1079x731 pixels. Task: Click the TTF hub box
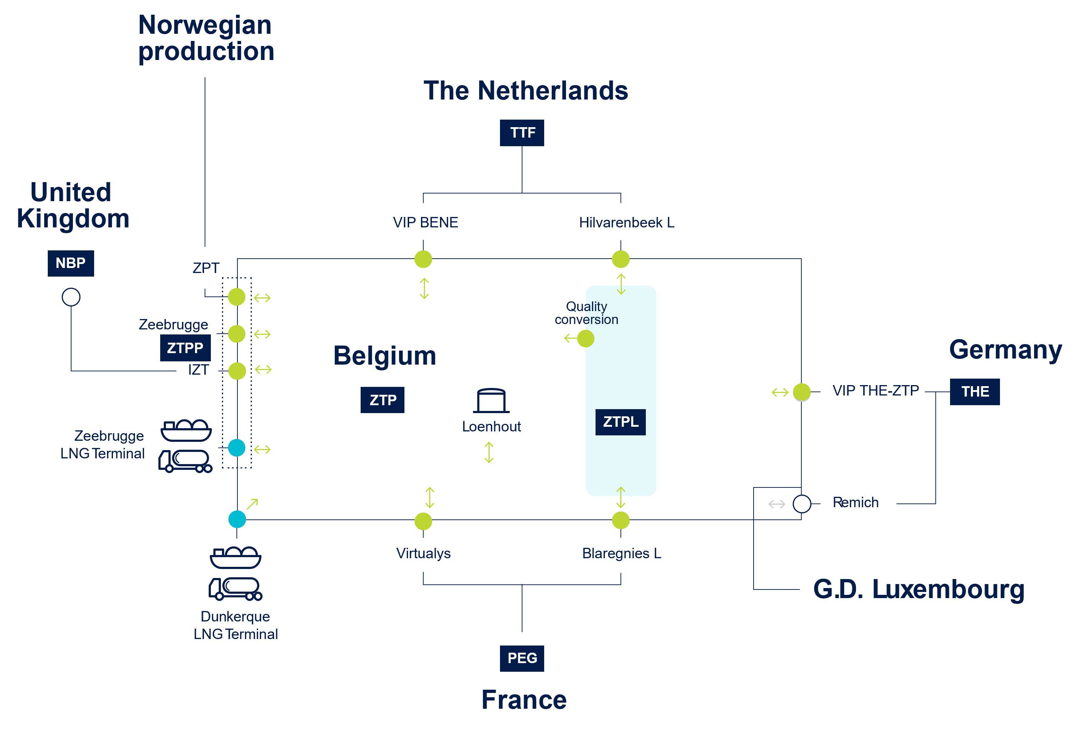pos(522,133)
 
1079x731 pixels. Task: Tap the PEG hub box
pos(522,658)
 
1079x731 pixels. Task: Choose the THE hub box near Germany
pos(974,392)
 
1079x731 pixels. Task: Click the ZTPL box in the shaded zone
pos(620,422)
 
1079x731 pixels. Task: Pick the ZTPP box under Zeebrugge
pos(185,348)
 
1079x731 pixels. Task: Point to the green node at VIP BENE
pos(423,259)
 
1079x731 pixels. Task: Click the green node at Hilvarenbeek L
pos(621,259)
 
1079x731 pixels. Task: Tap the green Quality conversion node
pos(586,339)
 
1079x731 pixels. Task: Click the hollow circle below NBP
pos(71,297)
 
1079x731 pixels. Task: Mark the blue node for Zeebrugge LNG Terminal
pos(237,448)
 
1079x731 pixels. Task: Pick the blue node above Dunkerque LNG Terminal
pos(237,519)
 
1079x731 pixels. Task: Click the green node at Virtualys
pos(423,521)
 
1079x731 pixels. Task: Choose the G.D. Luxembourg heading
pos(919,589)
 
